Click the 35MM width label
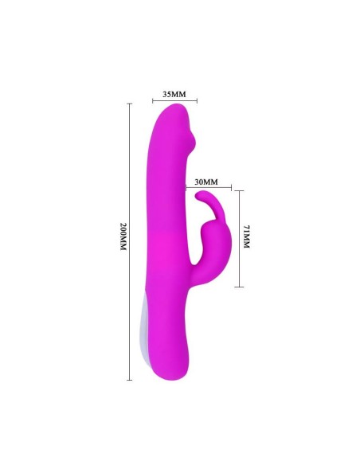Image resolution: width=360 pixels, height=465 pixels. point(174,94)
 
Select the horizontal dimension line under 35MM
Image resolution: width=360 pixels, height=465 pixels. point(174,101)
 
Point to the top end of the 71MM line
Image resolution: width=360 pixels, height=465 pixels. point(239,190)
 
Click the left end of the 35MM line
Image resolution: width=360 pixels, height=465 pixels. point(152,101)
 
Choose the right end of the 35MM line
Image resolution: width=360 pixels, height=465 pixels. point(197,101)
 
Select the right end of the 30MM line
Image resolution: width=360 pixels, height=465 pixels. point(231,189)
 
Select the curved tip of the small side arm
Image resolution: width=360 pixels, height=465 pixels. point(199,196)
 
